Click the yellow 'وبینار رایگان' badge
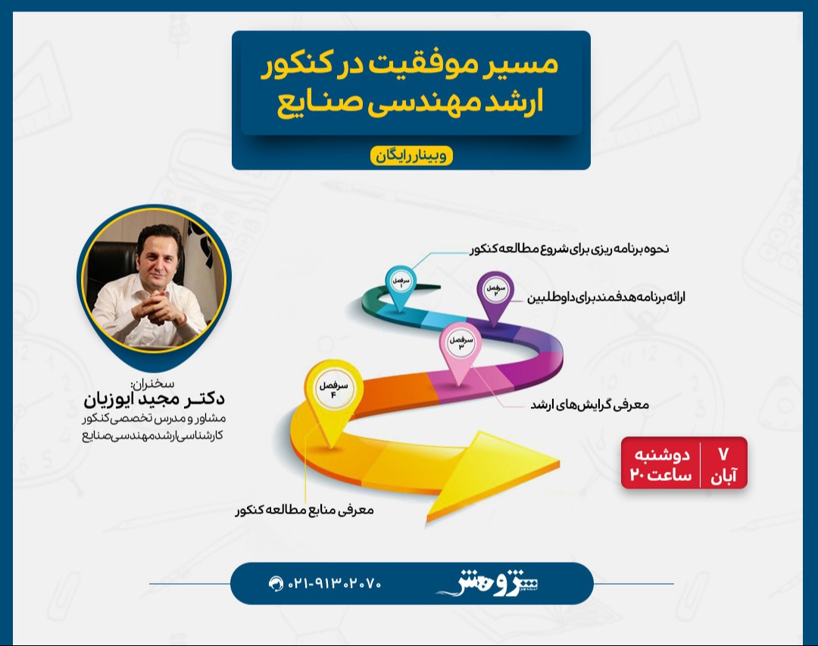(x=411, y=155)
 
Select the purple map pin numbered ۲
(x=493, y=292)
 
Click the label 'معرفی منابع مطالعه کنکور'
(x=304, y=510)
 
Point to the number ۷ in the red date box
(x=723, y=454)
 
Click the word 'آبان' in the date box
(x=724, y=476)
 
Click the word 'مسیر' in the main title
(x=523, y=64)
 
